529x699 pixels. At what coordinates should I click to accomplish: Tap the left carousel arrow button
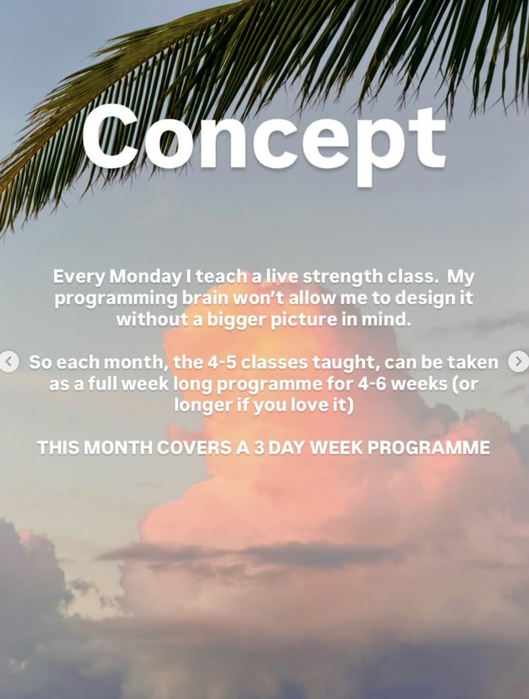(x=9, y=362)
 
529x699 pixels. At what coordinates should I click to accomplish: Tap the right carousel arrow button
(x=518, y=362)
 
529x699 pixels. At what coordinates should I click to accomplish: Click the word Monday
(x=145, y=277)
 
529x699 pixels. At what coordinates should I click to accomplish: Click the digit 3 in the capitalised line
(x=259, y=448)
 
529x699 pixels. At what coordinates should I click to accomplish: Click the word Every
(x=79, y=277)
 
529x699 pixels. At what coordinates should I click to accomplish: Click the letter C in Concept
(x=111, y=137)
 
